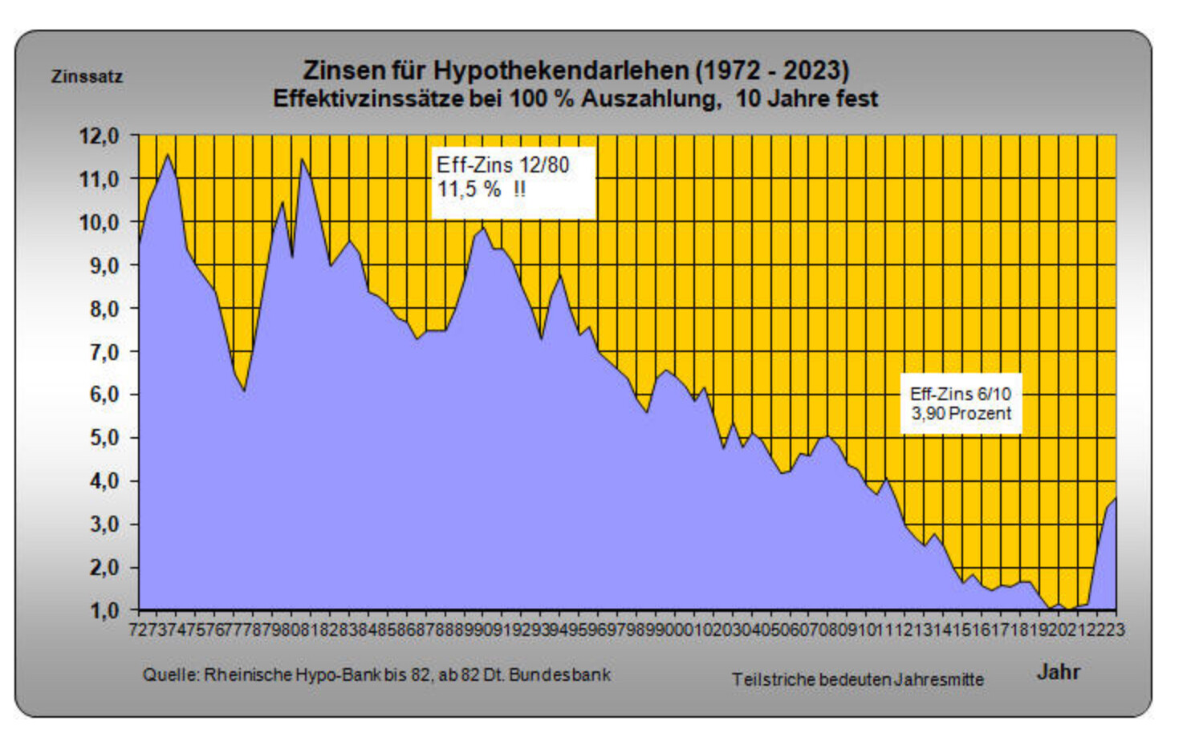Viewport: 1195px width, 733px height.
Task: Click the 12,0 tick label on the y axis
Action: [x=98, y=136]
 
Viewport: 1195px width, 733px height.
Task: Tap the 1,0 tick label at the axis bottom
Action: [x=103, y=611]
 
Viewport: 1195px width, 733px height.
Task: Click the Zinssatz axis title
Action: [x=87, y=77]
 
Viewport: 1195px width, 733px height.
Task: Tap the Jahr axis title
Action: [x=1058, y=672]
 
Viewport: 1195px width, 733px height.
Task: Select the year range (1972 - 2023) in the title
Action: [x=772, y=71]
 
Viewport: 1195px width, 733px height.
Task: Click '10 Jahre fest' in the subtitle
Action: [x=807, y=99]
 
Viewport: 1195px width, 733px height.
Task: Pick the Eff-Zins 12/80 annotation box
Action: [x=514, y=182]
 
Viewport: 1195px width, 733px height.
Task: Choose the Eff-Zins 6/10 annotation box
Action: [x=961, y=403]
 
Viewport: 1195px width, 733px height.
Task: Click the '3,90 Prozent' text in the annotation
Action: [x=961, y=414]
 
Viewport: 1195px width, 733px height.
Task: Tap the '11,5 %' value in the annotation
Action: [x=469, y=190]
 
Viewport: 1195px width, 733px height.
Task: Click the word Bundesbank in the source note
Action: [x=559, y=674]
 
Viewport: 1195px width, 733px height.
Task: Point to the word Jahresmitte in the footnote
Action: [x=939, y=679]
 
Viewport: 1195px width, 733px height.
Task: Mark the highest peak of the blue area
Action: [x=167, y=155]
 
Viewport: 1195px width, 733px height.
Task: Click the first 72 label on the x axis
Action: [x=138, y=630]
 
